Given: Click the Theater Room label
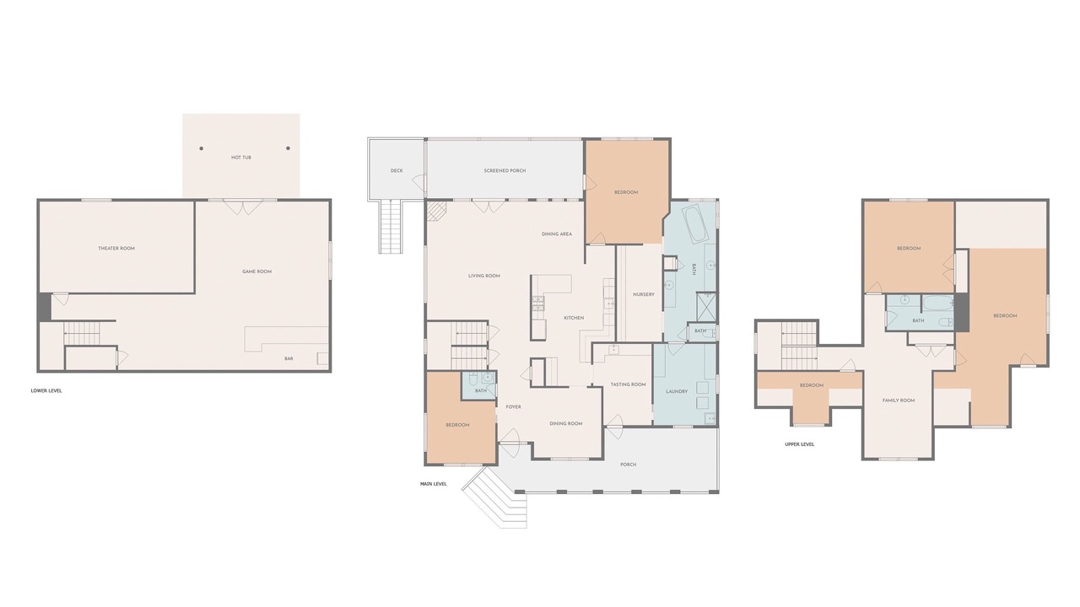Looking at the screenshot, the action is point(116,249).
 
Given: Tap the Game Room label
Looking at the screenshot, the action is point(257,271).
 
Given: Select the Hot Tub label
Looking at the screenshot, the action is point(241,158).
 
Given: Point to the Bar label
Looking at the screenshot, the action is point(289,359).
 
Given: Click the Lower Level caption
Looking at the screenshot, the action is point(46,391).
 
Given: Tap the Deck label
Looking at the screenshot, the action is point(397,170).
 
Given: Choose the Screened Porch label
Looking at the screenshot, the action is point(505,170).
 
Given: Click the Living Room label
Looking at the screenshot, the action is point(484,276).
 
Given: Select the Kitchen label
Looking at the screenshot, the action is point(574,318).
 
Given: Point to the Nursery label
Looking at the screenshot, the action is point(644,294).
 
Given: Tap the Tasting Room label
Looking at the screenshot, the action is point(629,384).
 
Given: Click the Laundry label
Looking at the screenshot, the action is point(677,392).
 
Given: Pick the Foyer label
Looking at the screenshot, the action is point(514,407).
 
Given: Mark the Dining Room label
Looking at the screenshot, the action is point(566,424).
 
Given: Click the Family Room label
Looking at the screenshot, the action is point(899,400).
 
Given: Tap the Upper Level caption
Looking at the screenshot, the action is point(799,444).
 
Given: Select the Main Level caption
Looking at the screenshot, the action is point(434,484).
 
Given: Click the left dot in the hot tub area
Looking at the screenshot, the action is point(201,148).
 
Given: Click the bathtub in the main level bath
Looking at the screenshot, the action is point(694,224).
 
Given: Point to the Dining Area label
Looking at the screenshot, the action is point(557,234).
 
